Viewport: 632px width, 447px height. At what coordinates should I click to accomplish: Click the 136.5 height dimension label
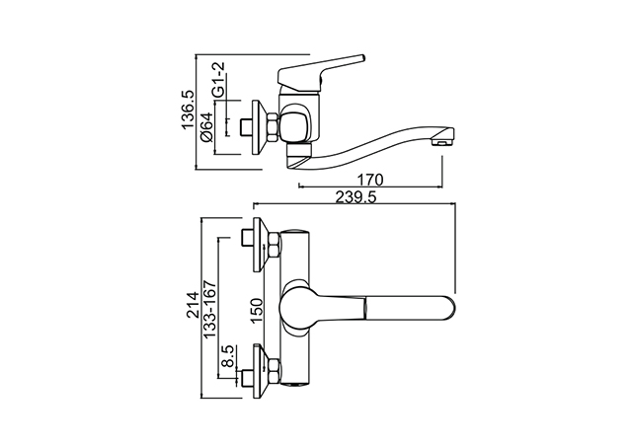pos(188,110)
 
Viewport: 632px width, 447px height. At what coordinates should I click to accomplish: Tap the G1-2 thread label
pos(218,80)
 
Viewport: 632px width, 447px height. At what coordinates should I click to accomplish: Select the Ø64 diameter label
pos(206,127)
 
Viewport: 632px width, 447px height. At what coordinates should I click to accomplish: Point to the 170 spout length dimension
pos(370,180)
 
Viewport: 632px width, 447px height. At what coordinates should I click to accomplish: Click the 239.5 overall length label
pos(355,197)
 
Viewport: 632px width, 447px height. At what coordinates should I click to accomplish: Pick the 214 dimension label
pos(194,305)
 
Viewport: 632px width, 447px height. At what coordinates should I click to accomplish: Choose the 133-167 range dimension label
pos(210,309)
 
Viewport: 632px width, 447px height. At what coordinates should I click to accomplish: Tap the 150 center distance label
pos(257,311)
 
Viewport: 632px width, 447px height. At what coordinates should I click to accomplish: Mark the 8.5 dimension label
pos(228,356)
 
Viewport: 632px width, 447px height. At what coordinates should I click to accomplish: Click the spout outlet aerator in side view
pos(440,142)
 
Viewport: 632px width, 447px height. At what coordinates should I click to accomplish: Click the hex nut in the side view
pos(273,127)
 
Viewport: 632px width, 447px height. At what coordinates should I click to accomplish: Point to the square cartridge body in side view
pos(295,125)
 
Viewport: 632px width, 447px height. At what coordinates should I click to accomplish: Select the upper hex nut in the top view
pos(275,245)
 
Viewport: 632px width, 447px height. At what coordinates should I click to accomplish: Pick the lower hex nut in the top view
pos(275,370)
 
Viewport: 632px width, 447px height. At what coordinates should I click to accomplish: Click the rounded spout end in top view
pos(449,310)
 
